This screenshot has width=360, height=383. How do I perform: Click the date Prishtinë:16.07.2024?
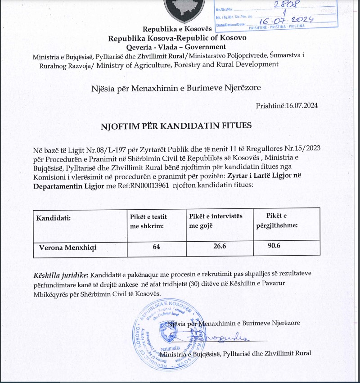point(287,106)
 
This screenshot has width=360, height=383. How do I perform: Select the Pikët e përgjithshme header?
point(282,221)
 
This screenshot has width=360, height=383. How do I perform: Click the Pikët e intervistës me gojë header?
point(216,221)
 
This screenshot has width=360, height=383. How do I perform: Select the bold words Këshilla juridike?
point(61,275)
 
